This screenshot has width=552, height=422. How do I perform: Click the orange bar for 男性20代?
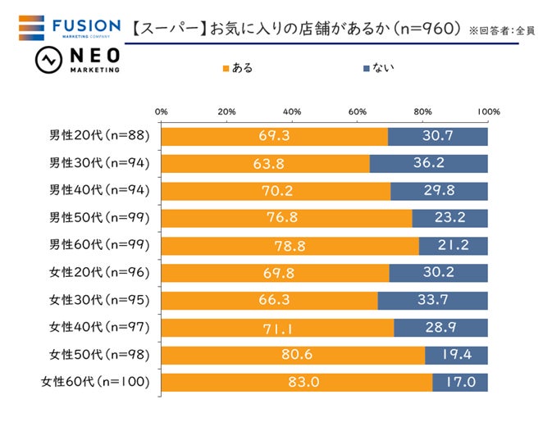(x=274, y=136)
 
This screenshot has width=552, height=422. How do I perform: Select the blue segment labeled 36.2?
(x=429, y=163)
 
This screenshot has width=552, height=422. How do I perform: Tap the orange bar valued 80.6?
(x=293, y=355)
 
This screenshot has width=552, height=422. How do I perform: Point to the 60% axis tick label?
(x=358, y=111)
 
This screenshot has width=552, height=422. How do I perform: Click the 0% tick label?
(x=162, y=111)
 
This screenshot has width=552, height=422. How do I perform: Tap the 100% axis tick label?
(x=488, y=111)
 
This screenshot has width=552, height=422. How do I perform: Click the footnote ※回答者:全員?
(x=503, y=30)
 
